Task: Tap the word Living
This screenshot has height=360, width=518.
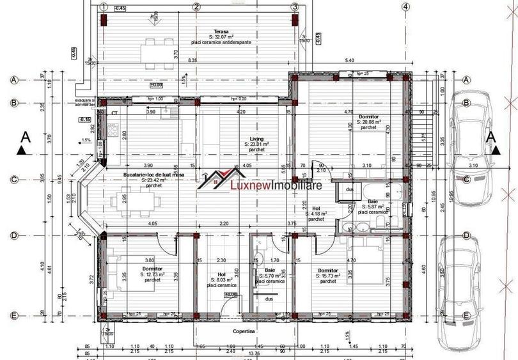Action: (x=256, y=138)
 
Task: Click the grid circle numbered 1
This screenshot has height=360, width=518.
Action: (x=103, y=6)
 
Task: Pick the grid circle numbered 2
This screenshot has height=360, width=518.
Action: (x=196, y=6)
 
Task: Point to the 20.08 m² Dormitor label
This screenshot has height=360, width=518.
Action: (x=369, y=117)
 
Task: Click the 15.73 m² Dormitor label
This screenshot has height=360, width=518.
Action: (x=328, y=270)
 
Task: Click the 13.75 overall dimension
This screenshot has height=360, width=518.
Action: (x=255, y=353)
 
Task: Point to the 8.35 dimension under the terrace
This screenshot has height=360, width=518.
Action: (x=192, y=61)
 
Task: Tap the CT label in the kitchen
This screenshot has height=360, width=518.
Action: (x=114, y=113)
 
